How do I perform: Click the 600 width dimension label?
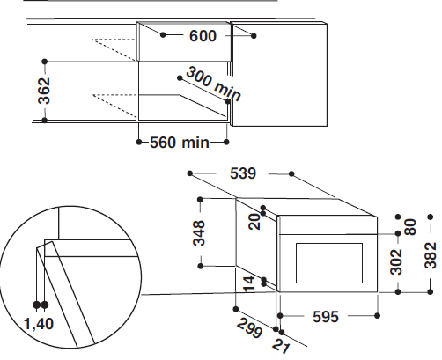[x=203, y=36]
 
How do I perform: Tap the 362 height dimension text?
[x=44, y=91]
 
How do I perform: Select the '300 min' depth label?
[x=213, y=84]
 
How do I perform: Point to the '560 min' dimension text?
[x=180, y=143]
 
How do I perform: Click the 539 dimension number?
[x=243, y=173]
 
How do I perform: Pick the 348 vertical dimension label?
[x=199, y=233]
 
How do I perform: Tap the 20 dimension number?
[x=254, y=222]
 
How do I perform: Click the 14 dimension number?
[x=249, y=284]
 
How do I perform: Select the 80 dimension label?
[x=410, y=227]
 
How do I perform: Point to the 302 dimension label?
[x=396, y=261]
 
